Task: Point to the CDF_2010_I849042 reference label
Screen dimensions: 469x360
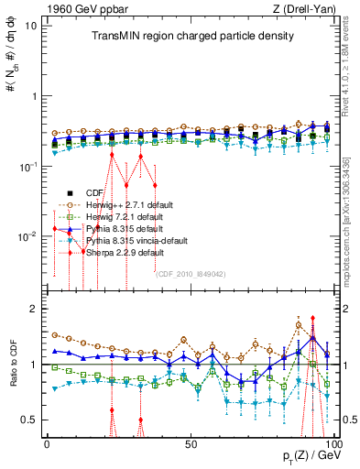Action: (x=194, y=273)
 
